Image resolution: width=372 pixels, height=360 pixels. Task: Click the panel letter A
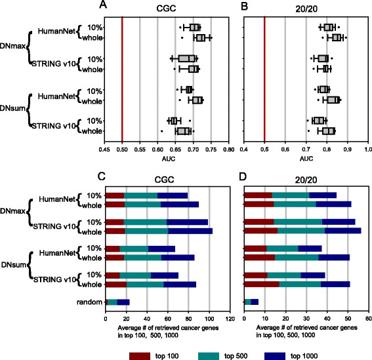pos(102,6)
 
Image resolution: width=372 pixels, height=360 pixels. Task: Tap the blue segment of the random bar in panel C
pos(123,302)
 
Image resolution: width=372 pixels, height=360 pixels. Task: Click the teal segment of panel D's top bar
pos(290,195)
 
